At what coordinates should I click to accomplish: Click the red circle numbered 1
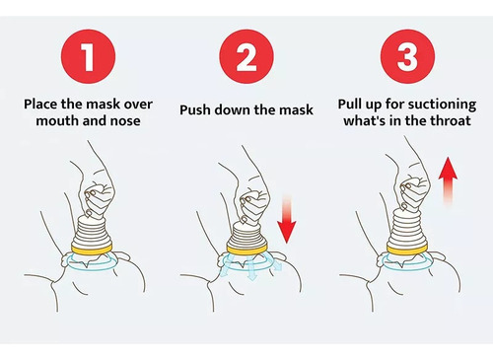pos(88,56)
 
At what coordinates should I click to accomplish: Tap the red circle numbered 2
pos(246,56)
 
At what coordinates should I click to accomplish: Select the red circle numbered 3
pos(407,56)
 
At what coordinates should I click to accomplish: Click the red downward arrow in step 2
pos(287,219)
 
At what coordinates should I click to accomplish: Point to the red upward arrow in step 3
pos(448,181)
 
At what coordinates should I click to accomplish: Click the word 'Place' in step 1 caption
pos(40,105)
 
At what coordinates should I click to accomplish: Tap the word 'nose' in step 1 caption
pos(125,121)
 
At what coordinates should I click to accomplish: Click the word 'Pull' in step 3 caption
pos(350,105)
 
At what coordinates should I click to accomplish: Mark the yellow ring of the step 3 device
pos(407,248)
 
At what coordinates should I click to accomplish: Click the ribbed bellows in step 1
pos(93,231)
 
